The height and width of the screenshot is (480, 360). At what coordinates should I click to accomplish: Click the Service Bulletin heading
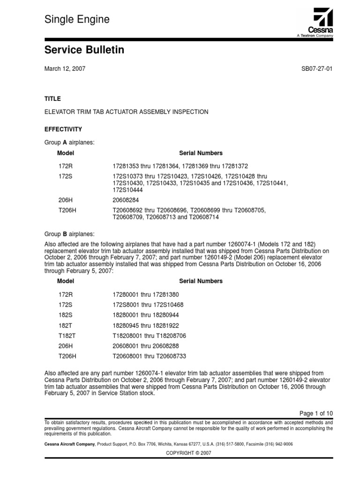[84, 50]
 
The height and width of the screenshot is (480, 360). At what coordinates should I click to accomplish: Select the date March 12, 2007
[65, 68]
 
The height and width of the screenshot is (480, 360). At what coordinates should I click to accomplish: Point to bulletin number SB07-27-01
[317, 68]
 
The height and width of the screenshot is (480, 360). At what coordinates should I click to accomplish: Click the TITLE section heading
[52, 99]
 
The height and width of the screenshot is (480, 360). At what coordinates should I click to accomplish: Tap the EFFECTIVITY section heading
[63, 129]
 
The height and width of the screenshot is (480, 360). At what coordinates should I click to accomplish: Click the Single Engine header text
[77, 20]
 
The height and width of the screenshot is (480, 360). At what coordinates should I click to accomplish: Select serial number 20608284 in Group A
[127, 200]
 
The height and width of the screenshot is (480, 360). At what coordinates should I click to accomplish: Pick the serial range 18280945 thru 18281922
[146, 326]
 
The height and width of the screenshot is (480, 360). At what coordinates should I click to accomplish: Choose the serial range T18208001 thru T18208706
[149, 336]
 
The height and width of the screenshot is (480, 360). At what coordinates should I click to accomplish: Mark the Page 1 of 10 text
[316, 413]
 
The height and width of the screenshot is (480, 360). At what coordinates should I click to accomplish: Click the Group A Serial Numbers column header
[201, 153]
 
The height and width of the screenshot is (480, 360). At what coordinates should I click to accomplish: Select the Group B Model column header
[66, 281]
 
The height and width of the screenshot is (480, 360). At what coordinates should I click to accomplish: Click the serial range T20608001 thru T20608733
[149, 357]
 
